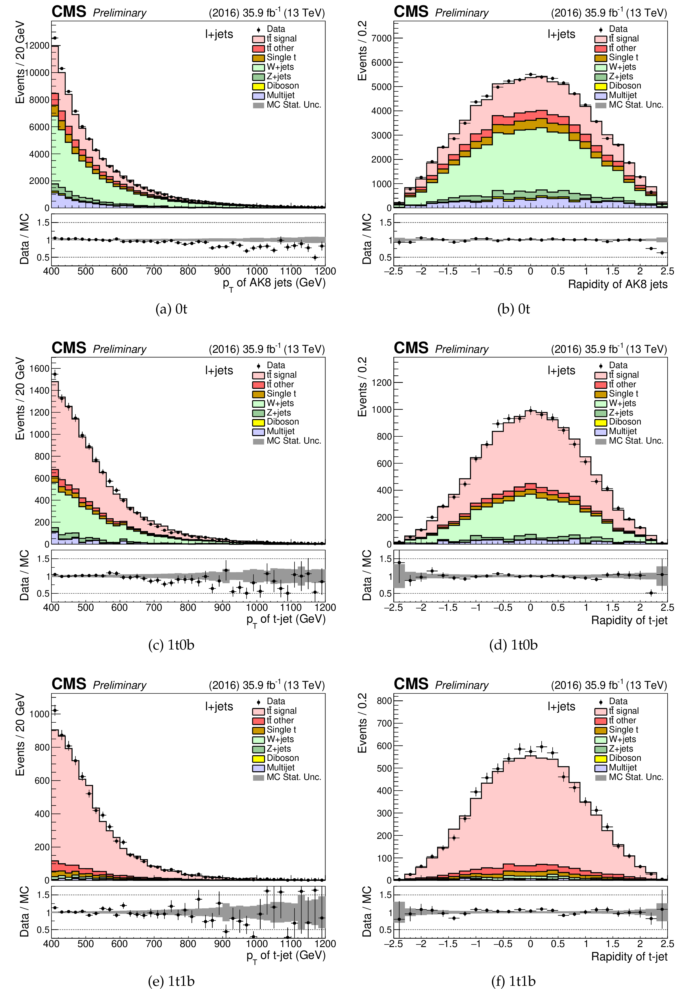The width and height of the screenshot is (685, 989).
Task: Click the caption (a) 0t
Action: click(171, 309)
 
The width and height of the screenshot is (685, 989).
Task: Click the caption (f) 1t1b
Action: click(513, 981)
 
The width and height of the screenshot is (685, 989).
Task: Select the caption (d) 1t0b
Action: click(513, 645)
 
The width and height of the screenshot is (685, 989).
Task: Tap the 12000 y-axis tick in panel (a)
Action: click(37, 45)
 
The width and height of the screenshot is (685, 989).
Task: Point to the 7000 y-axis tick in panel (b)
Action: click(382, 38)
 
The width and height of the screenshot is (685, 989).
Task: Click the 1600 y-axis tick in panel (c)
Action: click(40, 368)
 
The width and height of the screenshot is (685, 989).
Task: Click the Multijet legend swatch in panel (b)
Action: click(600, 95)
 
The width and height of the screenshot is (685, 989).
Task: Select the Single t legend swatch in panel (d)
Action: click(600, 394)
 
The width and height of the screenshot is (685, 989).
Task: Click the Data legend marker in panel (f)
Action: click(600, 702)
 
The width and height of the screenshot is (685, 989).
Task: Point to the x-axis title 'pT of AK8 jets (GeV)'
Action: click(274, 283)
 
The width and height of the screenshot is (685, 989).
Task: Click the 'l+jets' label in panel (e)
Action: click(219, 706)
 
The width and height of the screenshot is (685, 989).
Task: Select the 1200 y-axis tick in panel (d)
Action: click(382, 383)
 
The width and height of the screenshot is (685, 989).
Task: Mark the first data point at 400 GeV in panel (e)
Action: click(55, 710)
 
